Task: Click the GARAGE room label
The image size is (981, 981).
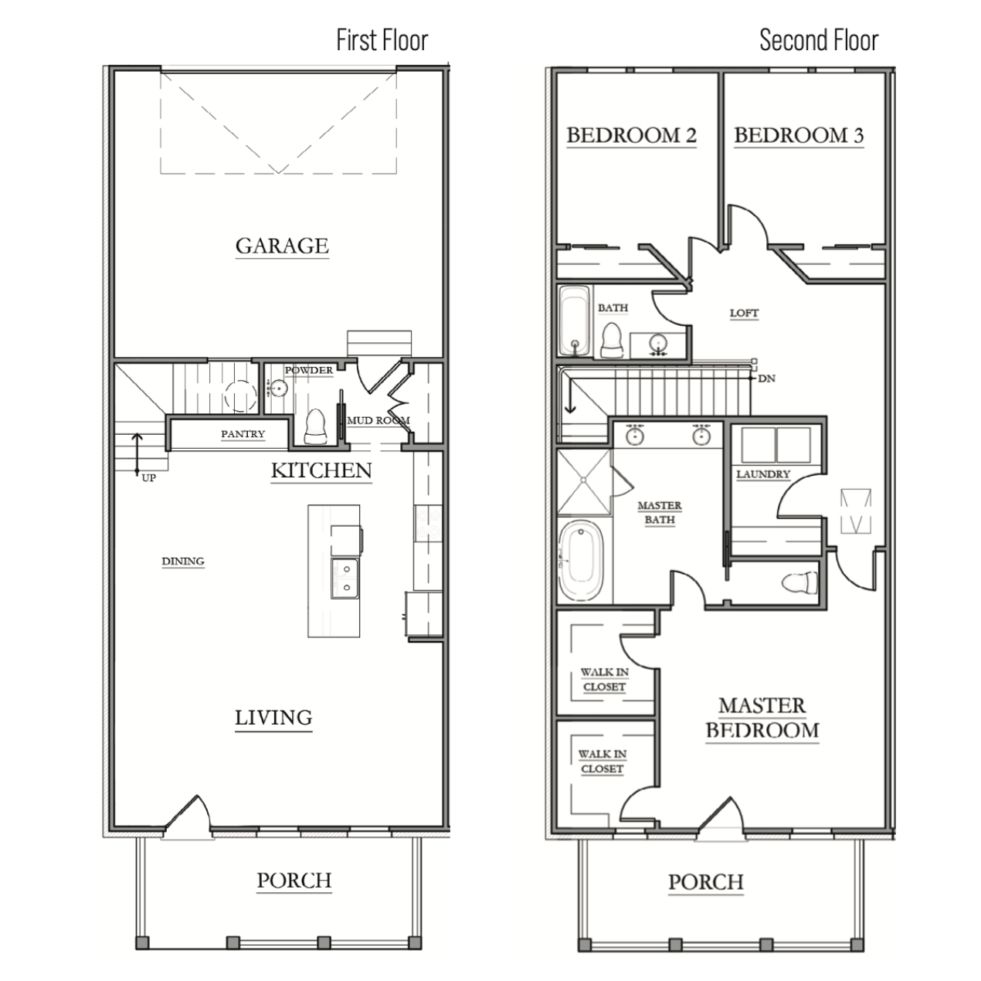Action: tap(282, 246)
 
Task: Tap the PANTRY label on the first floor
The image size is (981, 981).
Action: tap(243, 434)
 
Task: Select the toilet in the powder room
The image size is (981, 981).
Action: tap(316, 426)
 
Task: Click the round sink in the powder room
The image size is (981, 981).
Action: tap(278, 389)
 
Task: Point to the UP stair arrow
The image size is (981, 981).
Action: tap(137, 453)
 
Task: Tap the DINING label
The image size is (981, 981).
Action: tap(183, 561)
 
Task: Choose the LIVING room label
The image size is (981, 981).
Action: tap(273, 718)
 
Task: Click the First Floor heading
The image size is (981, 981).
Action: tap(382, 40)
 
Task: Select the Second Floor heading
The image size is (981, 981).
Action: tap(819, 40)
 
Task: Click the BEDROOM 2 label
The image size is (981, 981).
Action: tap(631, 135)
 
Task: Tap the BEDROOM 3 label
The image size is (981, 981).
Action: tap(799, 135)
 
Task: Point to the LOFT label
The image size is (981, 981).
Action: tap(744, 313)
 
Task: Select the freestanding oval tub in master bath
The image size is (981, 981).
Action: tap(581, 561)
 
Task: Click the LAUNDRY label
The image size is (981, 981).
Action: tap(763, 474)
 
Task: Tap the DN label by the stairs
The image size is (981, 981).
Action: tap(766, 378)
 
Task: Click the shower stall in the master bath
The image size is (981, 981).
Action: tap(584, 481)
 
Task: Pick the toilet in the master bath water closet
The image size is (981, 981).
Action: tap(799, 582)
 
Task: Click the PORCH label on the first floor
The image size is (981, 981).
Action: tap(294, 881)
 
